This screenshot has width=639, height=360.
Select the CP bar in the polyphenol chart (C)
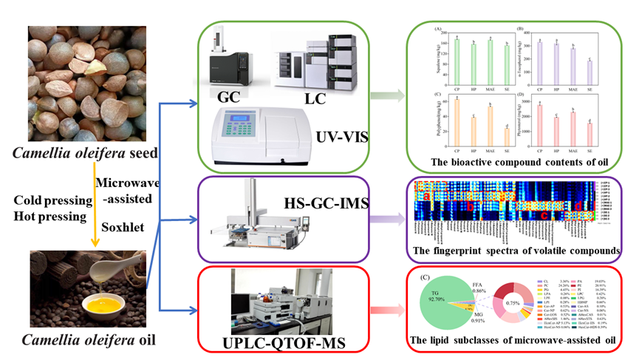coord(457,122)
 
